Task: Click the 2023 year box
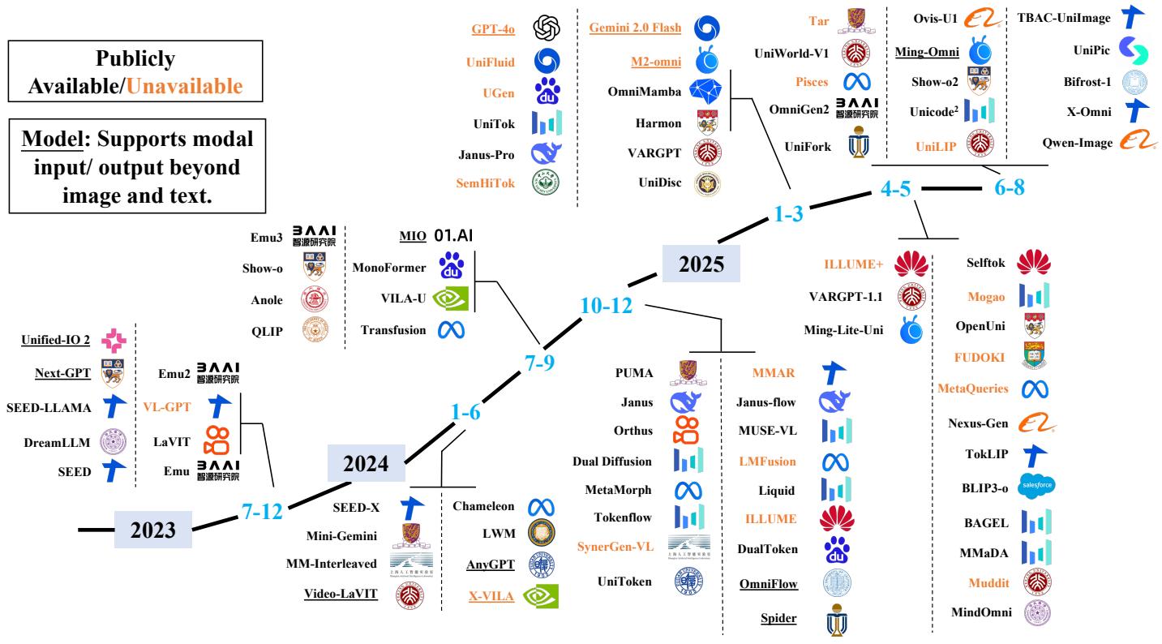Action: click(x=154, y=530)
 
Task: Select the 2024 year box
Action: click(x=366, y=465)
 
